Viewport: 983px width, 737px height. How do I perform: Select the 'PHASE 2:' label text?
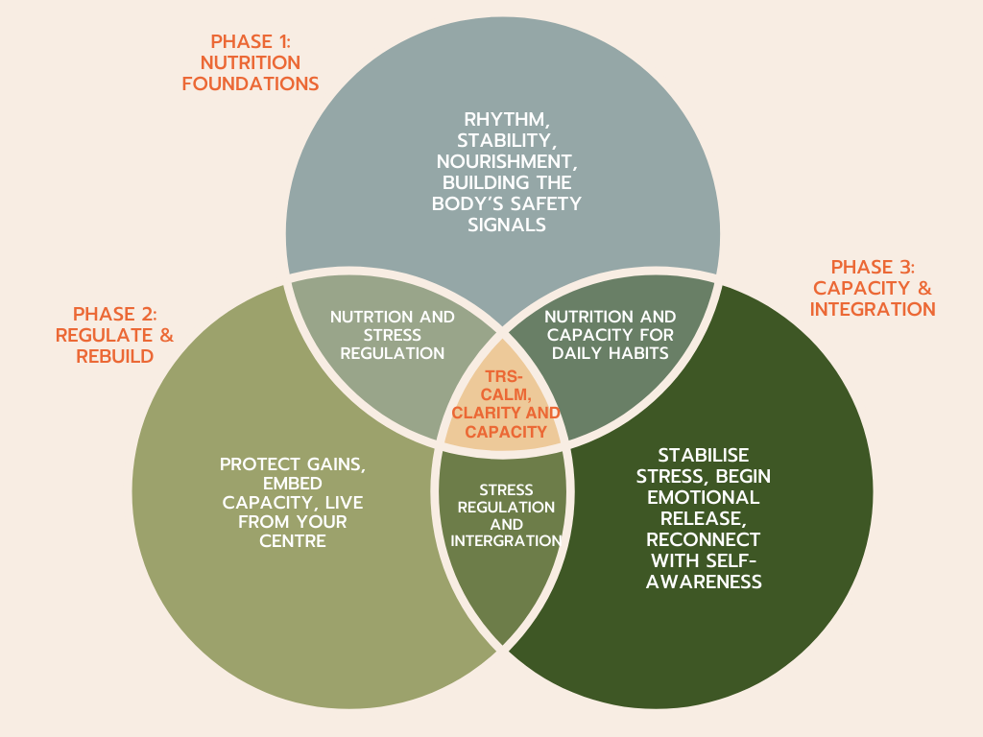click(x=114, y=314)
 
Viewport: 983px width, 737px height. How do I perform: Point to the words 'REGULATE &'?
click(x=114, y=335)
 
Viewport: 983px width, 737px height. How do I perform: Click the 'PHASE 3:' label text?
click(x=872, y=267)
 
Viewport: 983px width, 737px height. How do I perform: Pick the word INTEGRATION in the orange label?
click(x=872, y=309)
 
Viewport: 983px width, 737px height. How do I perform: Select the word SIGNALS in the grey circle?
click(x=503, y=226)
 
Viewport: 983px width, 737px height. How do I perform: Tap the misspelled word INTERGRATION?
click(x=506, y=541)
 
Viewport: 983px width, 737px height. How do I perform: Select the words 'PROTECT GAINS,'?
click(x=292, y=464)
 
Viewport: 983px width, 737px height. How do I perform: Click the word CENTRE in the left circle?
click(x=292, y=541)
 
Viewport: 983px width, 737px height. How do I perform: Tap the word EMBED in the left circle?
click(x=292, y=484)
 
